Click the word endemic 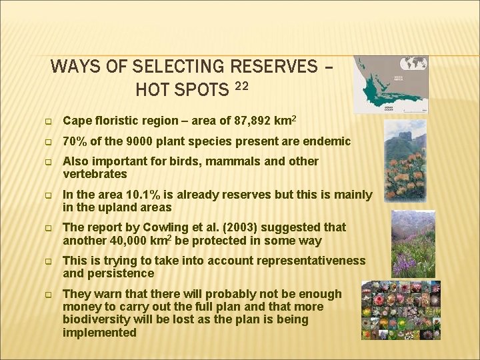(325, 141)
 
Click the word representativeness (310, 261)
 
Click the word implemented (99, 332)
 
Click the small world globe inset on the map (413, 64)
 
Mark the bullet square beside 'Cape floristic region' (48, 121)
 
